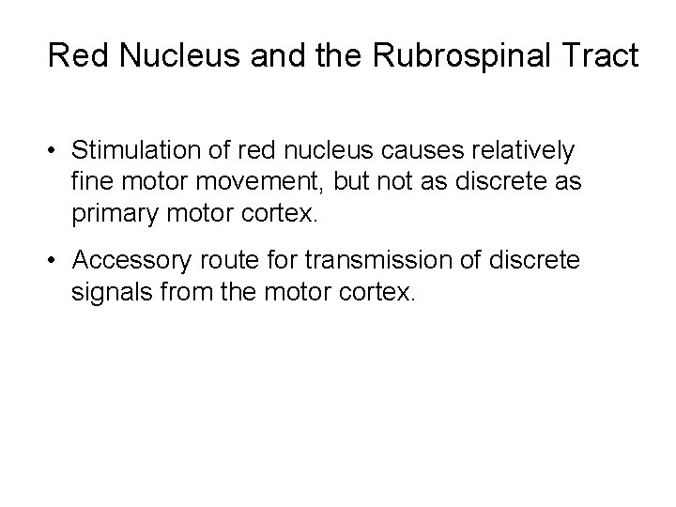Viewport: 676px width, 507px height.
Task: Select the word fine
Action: (90, 181)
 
